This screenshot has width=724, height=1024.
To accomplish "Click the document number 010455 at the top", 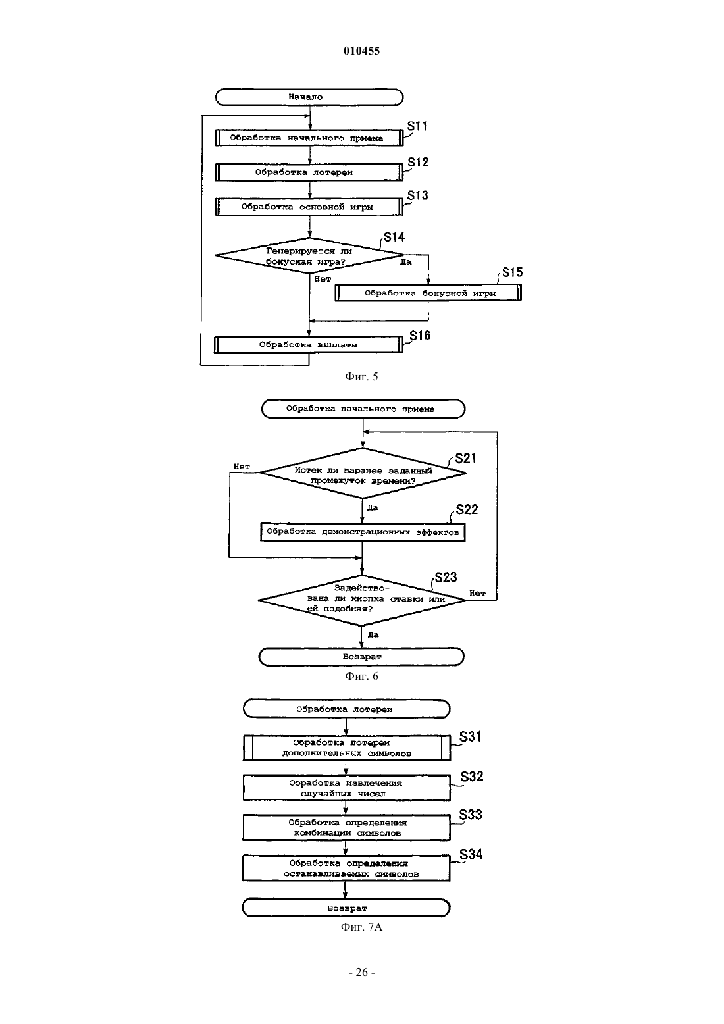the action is (361, 51).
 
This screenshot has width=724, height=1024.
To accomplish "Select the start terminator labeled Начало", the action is (309, 97).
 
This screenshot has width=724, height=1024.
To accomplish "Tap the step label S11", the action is (417, 126).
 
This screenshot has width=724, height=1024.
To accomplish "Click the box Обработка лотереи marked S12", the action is (309, 172).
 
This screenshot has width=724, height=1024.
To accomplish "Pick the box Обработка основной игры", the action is (309, 207).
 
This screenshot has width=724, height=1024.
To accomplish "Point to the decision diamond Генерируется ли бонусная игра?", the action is (309, 255).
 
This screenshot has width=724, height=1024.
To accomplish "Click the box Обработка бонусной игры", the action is (428, 293).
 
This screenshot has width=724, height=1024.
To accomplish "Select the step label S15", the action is (512, 272).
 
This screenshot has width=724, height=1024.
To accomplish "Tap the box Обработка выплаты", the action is (309, 345).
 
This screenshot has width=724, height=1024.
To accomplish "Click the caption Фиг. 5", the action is (361, 376).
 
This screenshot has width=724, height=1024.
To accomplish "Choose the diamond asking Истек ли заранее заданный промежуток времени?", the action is (363, 473).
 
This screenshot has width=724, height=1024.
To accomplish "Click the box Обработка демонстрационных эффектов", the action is (363, 532).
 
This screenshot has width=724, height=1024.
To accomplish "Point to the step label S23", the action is (446, 577).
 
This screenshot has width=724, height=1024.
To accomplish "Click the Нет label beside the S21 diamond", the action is (242, 467).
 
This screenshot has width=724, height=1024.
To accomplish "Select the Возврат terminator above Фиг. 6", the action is (361, 657).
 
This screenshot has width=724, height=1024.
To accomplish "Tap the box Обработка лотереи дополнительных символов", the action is (347, 748).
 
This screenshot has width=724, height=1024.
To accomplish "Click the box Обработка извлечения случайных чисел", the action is (346, 788).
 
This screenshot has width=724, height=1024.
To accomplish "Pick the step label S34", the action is (471, 854).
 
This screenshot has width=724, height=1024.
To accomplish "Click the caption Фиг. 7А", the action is (361, 927).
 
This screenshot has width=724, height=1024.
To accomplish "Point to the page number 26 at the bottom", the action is (361, 973).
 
